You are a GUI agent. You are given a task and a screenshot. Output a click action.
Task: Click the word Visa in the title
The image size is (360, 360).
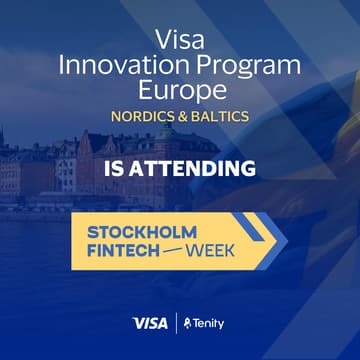(x=179, y=40)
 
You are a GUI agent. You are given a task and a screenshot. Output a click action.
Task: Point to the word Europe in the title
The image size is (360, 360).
(x=180, y=91)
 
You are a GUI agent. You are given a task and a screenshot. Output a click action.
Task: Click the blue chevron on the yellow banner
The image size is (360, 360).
(x=265, y=240)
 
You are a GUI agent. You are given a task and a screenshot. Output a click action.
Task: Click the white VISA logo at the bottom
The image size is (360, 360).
(x=149, y=323)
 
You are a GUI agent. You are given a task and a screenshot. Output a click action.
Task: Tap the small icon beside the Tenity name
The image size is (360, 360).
(x=188, y=323)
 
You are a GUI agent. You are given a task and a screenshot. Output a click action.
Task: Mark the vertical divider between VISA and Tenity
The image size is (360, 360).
(x=176, y=323)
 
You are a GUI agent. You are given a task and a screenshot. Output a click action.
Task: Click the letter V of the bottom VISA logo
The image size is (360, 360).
(x=137, y=323)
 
